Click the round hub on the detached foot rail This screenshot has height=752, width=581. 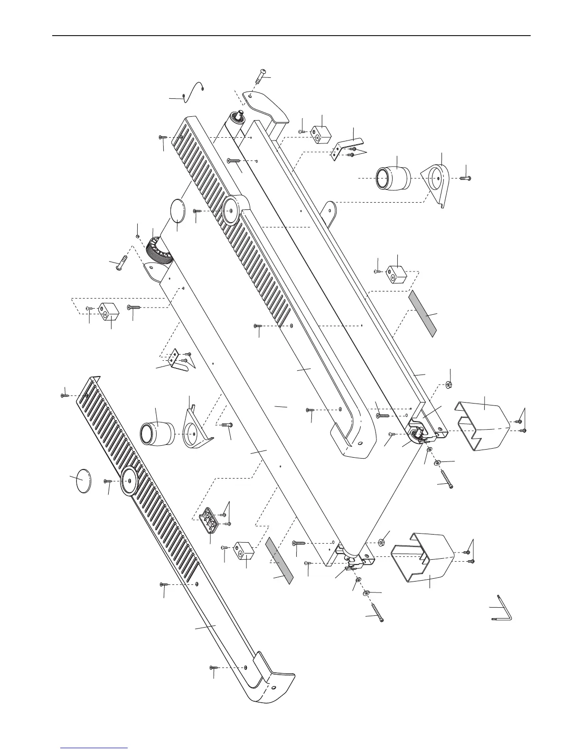tap(129, 481)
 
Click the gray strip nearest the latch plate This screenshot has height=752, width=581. tap(280, 560)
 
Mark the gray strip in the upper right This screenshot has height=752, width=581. tap(422, 314)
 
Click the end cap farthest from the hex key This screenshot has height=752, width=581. tap(480, 425)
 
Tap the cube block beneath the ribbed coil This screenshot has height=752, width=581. tap(107, 311)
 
